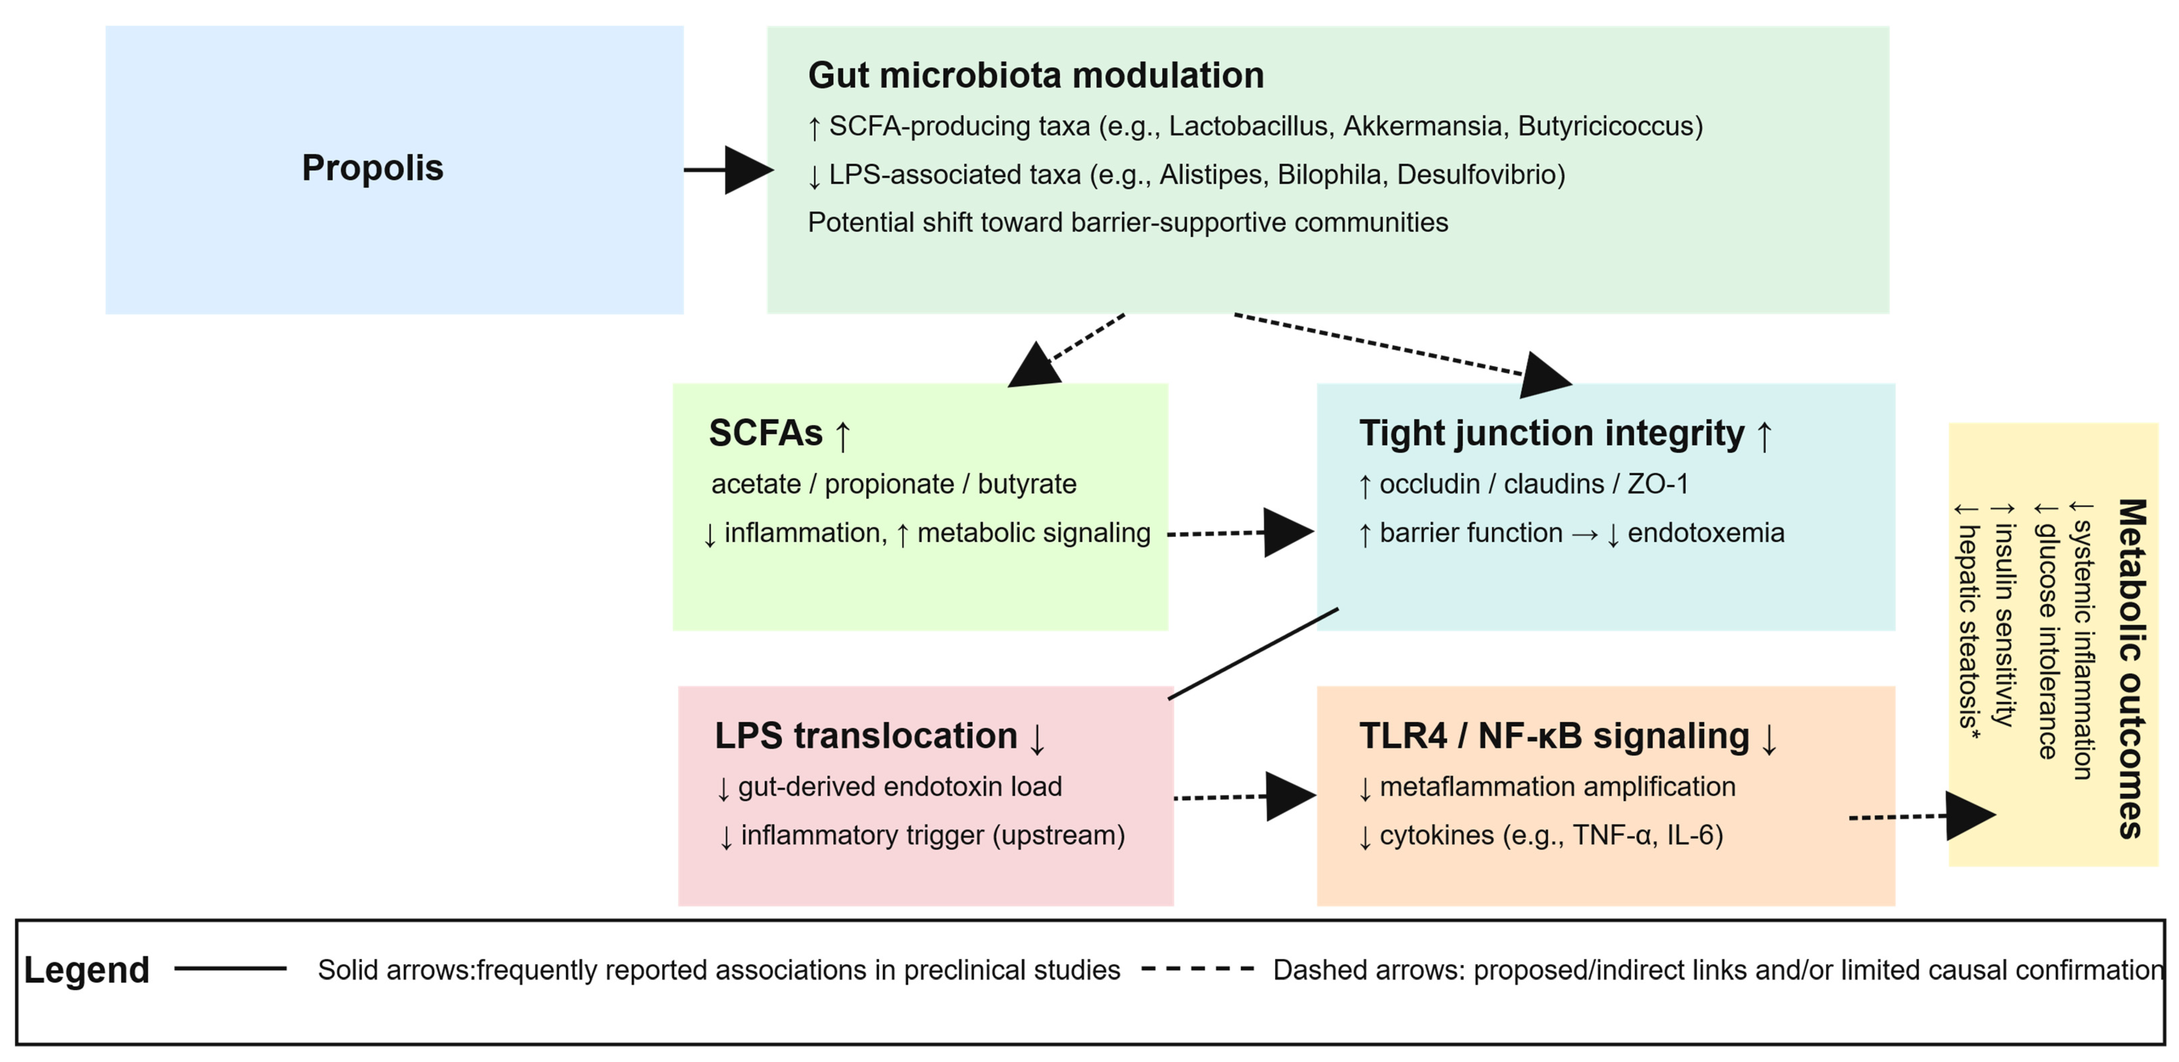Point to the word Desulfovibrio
pyautogui.click(x=1480, y=174)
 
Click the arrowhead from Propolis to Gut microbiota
pyautogui.click(x=748, y=170)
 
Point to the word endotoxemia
pyautogui.click(x=1706, y=533)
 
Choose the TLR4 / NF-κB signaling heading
pyautogui.click(x=1569, y=737)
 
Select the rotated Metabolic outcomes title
pyautogui.click(x=2132, y=668)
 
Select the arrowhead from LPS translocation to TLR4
pyautogui.click(x=1291, y=796)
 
